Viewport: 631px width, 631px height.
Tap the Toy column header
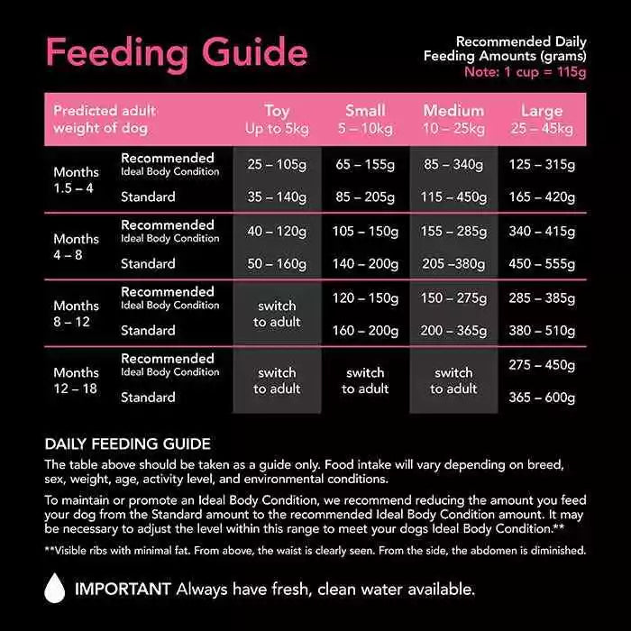pos(277,120)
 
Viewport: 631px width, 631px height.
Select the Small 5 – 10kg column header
pos(365,120)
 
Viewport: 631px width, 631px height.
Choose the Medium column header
pos(453,120)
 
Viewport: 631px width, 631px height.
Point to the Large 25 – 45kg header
pos(542,120)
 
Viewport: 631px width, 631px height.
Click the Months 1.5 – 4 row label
pos(76,179)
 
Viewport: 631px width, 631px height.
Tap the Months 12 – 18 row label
pos(76,380)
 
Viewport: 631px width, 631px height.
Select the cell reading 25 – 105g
pos(277,166)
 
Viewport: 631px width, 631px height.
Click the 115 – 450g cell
pos(453,197)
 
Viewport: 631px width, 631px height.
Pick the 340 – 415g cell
pos(542,232)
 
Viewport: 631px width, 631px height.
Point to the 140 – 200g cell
pos(365,263)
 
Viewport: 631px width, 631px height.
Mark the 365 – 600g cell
pos(542,397)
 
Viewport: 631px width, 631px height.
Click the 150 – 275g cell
pos(453,298)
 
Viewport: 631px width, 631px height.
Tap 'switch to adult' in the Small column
pos(365,380)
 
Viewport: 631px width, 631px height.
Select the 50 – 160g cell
pos(277,263)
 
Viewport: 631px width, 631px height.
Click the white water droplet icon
pos(55,589)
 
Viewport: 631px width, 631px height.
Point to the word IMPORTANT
pos(123,590)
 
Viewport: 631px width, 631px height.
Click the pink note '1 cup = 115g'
pos(525,71)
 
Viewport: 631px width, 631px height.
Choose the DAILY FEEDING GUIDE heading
pos(127,444)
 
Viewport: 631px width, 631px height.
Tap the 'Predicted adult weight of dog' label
pos(104,119)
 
